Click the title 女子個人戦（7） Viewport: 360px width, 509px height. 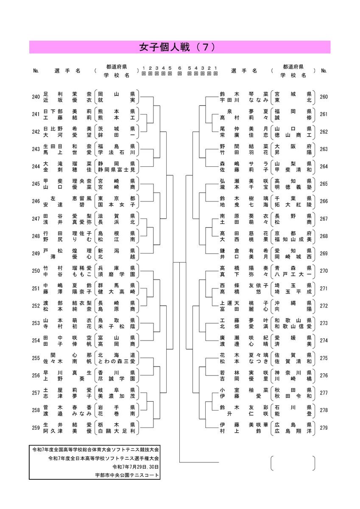[177, 47]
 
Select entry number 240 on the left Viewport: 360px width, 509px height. [36, 97]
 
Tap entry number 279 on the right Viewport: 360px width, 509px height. [324, 428]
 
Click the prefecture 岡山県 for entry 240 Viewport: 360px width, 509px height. [116, 94]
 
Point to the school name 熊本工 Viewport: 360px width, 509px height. [116, 117]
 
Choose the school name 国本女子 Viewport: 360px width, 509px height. [116, 204]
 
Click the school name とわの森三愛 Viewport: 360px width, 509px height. [116, 361]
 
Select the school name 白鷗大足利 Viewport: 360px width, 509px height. [116, 431]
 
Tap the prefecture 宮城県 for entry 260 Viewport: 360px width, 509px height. [293, 94]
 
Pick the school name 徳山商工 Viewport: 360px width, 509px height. [293, 135]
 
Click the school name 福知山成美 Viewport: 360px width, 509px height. [293, 239]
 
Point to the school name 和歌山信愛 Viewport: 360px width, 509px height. [293, 326]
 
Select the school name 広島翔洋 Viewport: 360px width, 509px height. [293, 431]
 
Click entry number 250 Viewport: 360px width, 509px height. [36, 271]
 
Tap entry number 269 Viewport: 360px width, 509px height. [324, 253]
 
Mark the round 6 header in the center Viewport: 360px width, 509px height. [179, 71]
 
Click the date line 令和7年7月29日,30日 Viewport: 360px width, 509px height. [136, 467]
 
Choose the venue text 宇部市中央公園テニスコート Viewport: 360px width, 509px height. [127, 475]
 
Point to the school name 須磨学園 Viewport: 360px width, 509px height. [116, 274]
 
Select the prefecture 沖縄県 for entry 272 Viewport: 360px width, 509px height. [293, 303]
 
